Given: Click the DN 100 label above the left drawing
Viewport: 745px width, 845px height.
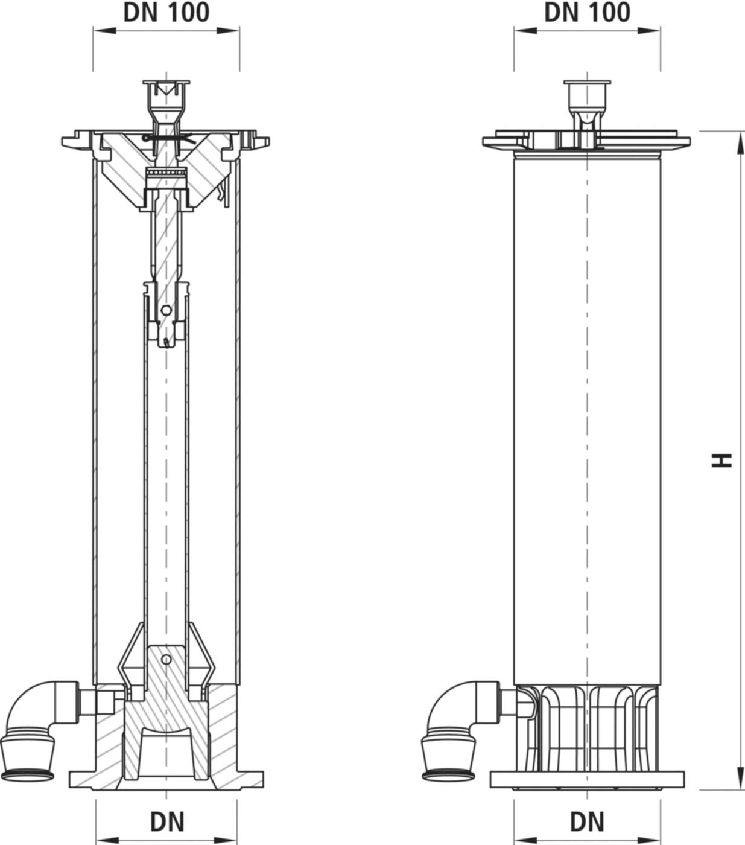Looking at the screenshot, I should coord(166,12).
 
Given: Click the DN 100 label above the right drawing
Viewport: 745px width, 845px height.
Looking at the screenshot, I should coord(587,12).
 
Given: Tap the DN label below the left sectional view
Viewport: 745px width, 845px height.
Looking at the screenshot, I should coord(166,821).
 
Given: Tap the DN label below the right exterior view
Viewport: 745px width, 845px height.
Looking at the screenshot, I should coord(587,821).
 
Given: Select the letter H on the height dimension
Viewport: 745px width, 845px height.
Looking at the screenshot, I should coord(721,460).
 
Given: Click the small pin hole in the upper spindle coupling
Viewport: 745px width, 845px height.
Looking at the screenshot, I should coord(166,311).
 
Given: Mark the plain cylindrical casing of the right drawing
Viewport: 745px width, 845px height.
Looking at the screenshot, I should coord(586,422).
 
